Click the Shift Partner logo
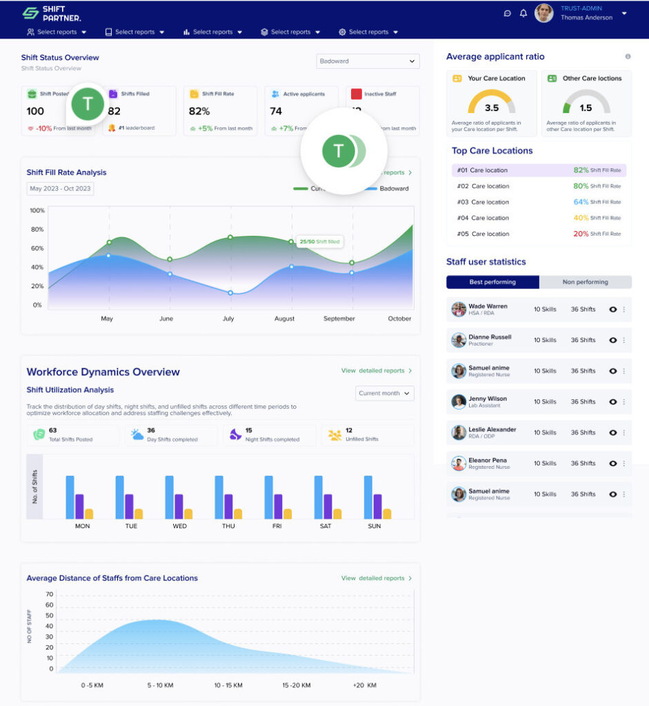[51, 14]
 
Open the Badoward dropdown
[368, 61]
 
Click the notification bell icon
[523, 13]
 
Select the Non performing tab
[586, 282]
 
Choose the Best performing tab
[492, 282]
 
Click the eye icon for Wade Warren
[612, 310]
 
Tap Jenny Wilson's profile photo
[459, 402]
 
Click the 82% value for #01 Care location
[581, 170]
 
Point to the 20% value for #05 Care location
[581, 234]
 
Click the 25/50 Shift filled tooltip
[319, 242]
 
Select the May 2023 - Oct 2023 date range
[60, 189]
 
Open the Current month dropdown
[384, 393]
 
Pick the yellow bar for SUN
[387, 514]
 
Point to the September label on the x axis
[339, 319]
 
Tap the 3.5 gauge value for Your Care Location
[491, 108]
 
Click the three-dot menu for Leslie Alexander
[624, 433]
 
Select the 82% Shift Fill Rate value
[199, 111]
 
